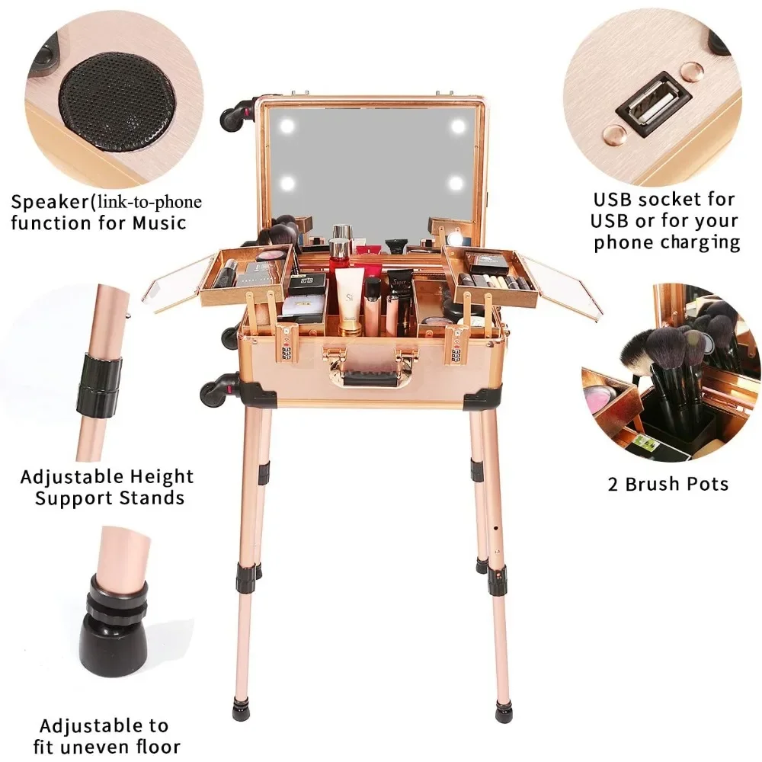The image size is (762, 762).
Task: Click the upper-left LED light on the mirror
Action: pyautogui.click(x=287, y=126)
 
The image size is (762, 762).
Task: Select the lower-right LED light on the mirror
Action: pyautogui.click(x=456, y=183)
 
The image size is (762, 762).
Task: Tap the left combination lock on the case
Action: pyautogui.click(x=287, y=346)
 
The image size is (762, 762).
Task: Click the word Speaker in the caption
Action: pyautogui.click(x=50, y=202)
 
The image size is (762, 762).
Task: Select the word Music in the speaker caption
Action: pyautogui.click(x=159, y=223)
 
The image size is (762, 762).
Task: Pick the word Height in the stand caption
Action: pyautogui.click(x=159, y=477)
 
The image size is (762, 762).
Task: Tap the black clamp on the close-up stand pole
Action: pyautogui.click(x=100, y=384)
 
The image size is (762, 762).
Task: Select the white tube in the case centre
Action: pyautogui.click(x=349, y=301)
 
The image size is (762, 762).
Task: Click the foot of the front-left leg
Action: pyautogui.click(x=241, y=709)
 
